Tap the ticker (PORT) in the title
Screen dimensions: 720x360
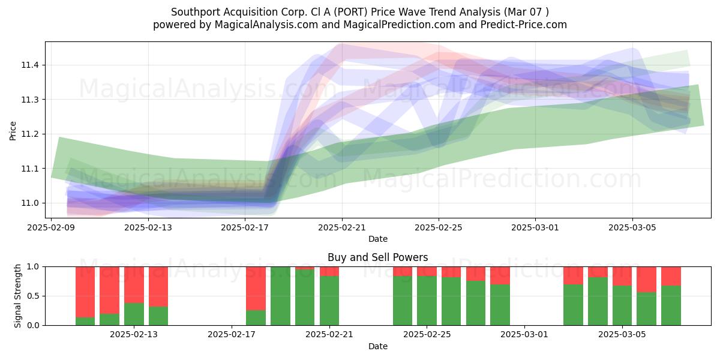point(350,12)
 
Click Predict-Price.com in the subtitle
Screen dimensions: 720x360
point(523,25)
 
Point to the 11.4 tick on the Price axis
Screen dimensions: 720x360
point(29,65)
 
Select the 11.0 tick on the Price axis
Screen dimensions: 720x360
point(29,203)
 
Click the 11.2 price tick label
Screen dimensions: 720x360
point(29,134)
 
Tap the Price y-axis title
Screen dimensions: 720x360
point(13,131)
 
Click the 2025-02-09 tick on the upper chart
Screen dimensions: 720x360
point(51,227)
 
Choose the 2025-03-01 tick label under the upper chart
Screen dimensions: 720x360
point(535,227)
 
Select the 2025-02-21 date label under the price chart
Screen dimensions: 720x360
point(342,227)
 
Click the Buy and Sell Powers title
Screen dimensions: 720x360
point(377,257)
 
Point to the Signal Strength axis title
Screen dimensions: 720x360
point(17,296)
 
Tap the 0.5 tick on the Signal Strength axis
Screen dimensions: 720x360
point(33,296)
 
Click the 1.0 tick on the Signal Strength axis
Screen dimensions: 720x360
point(33,266)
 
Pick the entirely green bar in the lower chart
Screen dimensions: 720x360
point(280,296)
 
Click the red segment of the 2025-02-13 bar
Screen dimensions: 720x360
point(134,285)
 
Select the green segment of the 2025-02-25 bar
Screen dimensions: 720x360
point(427,301)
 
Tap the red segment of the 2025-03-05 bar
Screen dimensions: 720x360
point(622,276)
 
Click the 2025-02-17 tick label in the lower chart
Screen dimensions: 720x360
point(232,334)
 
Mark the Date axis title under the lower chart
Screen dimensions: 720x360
point(377,346)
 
